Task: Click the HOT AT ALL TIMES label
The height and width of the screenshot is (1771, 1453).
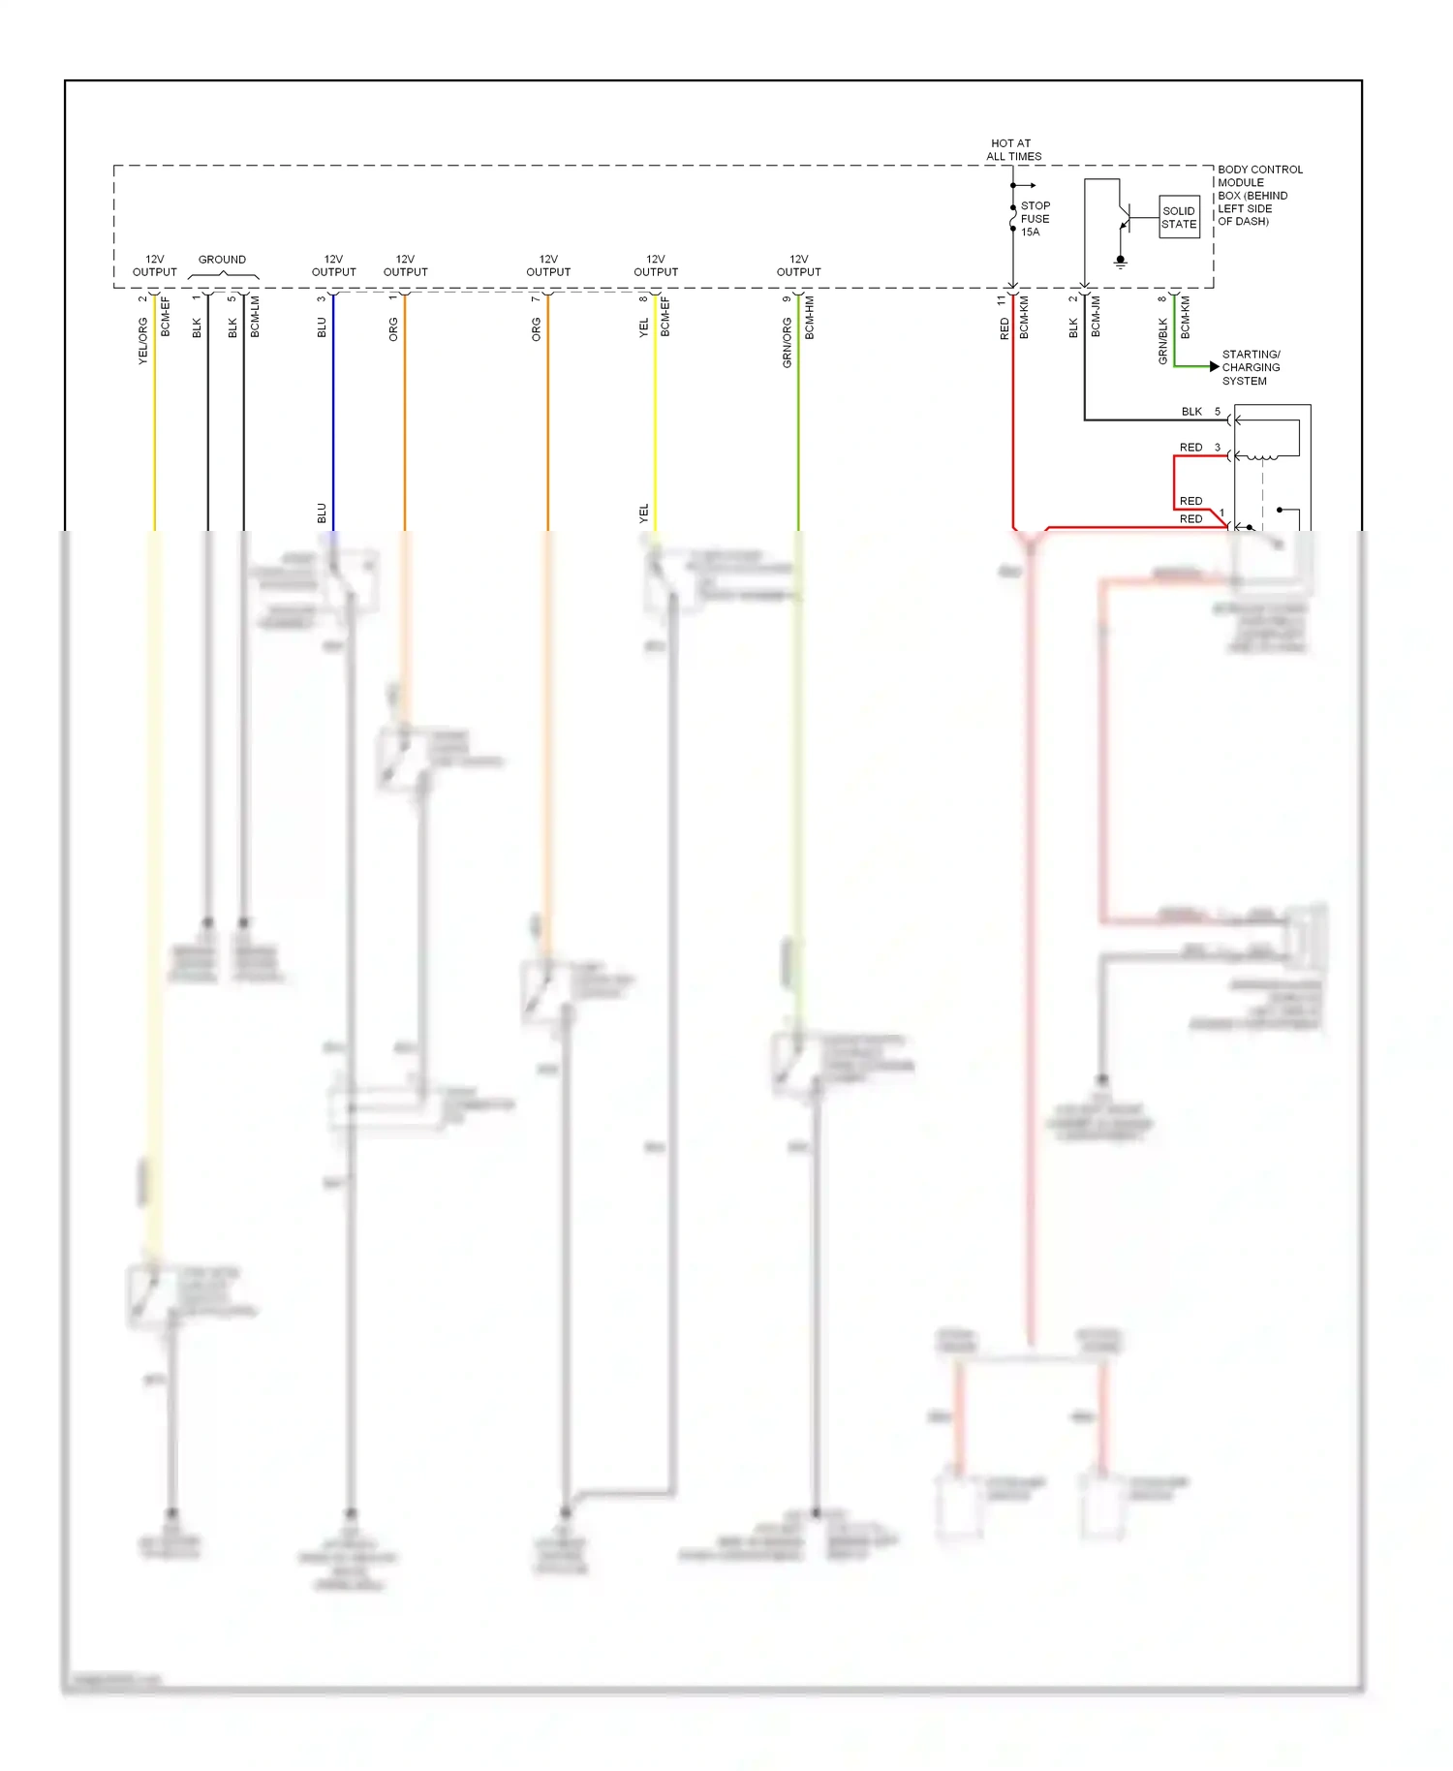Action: pyautogui.click(x=1013, y=149)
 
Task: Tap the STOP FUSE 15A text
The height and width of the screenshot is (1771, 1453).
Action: pyautogui.click(x=1035, y=219)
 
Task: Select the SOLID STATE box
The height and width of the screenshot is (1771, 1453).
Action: pyautogui.click(x=1179, y=217)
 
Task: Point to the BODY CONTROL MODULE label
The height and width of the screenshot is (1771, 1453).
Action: pyautogui.click(x=1259, y=195)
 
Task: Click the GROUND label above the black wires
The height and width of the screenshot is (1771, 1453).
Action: pyautogui.click(x=222, y=260)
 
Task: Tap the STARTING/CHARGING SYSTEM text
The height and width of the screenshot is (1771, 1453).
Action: pyautogui.click(x=1251, y=367)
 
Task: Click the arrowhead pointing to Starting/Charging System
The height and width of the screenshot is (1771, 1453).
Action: pyautogui.click(x=1214, y=367)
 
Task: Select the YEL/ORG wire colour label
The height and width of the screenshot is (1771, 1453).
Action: pyautogui.click(x=142, y=340)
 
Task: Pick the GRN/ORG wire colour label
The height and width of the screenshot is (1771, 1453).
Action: pyautogui.click(x=788, y=342)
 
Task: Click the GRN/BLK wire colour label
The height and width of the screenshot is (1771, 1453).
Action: pyautogui.click(x=1162, y=341)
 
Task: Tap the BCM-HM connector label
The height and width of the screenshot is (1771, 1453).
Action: pyautogui.click(x=810, y=318)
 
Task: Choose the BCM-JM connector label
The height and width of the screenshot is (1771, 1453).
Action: pyautogui.click(x=1096, y=317)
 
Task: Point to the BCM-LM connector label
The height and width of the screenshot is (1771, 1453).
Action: pyautogui.click(x=255, y=317)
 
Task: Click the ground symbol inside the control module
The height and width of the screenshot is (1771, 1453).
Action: pyautogui.click(x=1121, y=261)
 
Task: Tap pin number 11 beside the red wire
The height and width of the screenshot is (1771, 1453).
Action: pyautogui.click(x=1002, y=301)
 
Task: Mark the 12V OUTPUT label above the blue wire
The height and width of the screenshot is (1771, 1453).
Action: pyautogui.click(x=333, y=265)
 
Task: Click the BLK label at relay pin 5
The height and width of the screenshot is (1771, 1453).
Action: pyautogui.click(x=1190, y=412)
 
